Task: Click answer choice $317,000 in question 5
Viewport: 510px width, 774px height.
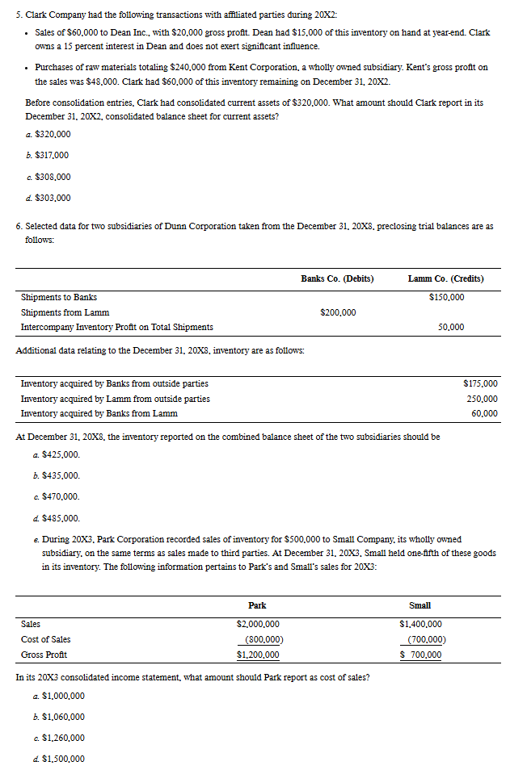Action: (x=51, y=155)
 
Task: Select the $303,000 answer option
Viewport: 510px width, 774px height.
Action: (x=51, y=198)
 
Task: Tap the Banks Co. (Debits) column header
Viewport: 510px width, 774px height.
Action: (x=337, y=278)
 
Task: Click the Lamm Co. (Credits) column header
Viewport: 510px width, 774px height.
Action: (x=446, y=278)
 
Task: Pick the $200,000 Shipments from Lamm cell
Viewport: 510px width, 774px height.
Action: (x=338, y=312)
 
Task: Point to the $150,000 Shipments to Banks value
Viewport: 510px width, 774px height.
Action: (x=446, y=298)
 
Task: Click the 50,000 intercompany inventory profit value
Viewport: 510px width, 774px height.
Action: (x=451, y=327)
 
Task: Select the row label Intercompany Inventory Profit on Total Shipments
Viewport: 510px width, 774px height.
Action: (x=116, y=327)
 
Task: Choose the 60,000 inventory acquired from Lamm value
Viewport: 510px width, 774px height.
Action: (x=484, y=414)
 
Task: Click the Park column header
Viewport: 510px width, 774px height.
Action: (x=257, y=605)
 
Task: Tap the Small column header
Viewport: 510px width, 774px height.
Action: (x=420, y=605)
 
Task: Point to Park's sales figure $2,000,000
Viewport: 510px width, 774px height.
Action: (x=258, y=624)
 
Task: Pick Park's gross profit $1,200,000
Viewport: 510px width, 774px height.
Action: (x=258, y=655)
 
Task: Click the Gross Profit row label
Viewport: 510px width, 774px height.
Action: (x=43, y=655)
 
